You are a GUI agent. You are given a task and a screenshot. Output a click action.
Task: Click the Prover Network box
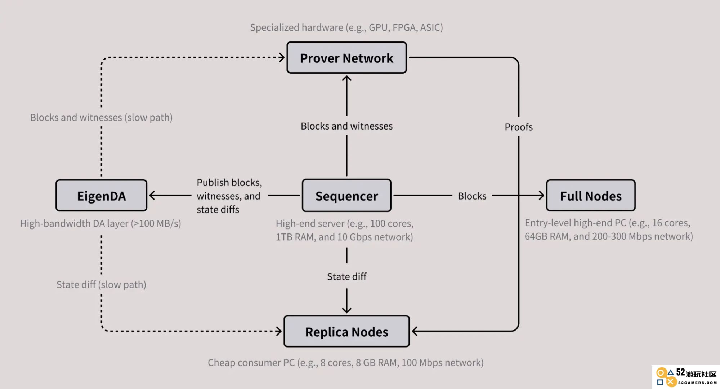346,58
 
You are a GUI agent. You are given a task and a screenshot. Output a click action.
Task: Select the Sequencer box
346,196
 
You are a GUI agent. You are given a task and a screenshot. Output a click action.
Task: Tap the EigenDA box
101,196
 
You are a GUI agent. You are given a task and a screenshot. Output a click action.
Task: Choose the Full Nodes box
591,196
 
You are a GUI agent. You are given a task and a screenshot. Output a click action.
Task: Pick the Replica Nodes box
346,331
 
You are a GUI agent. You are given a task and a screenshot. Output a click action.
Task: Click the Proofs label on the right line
518,127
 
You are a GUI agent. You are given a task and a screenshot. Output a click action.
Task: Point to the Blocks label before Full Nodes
472,196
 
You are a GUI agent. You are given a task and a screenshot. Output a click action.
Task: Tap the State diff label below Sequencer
346,276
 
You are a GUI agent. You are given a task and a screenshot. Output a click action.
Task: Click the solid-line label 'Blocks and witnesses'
346,126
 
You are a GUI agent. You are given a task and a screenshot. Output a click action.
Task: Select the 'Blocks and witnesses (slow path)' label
101,118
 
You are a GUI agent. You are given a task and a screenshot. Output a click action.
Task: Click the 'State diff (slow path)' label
101,285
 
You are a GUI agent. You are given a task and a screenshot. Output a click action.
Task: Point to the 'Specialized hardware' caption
346,27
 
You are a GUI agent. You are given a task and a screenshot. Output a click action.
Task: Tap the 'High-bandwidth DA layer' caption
100,224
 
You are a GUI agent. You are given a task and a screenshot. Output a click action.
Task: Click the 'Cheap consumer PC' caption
346,363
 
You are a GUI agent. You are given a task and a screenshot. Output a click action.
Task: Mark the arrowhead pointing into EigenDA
152,196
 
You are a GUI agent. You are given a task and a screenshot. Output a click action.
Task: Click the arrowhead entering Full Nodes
541,196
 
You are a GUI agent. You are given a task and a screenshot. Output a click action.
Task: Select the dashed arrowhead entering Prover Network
282,57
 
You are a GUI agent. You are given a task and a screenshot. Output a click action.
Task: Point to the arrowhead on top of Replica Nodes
346,310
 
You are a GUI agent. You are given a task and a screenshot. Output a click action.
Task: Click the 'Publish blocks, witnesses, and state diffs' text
229,196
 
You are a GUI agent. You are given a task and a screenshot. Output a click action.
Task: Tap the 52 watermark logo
686,377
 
